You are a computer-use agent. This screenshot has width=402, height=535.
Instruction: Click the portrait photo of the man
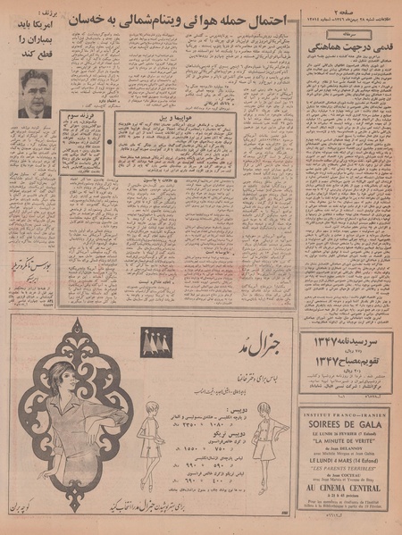tap(34, 94)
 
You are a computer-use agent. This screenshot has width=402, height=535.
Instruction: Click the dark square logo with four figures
tap(155, 340)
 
